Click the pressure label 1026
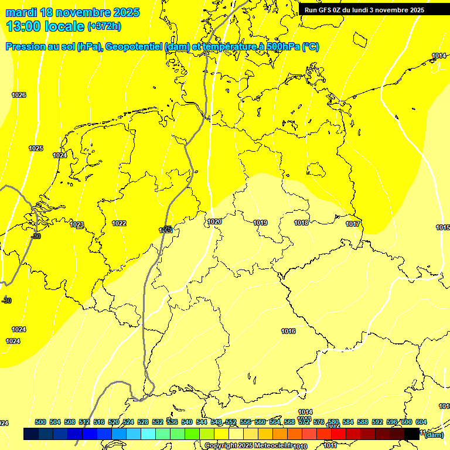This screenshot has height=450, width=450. [19, 95]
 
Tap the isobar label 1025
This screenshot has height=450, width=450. [36, 148]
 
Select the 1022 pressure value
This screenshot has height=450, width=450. [119, 223]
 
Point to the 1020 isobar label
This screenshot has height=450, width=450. [214, 221]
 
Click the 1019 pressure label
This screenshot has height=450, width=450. [261, 223]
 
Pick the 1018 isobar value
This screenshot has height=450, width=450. [301, 223]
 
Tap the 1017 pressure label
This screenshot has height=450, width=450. [353, 224]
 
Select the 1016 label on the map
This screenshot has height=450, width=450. [288, 331]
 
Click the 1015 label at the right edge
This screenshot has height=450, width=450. [442, 227]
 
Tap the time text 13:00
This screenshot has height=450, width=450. [26, 26]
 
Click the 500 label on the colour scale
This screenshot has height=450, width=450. [40, 422]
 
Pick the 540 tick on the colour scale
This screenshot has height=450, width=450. [187, 422]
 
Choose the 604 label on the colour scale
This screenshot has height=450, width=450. [421, 422]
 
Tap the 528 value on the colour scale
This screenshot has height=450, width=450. [143, 422]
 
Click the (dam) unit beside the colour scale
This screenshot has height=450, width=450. [434, 434]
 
